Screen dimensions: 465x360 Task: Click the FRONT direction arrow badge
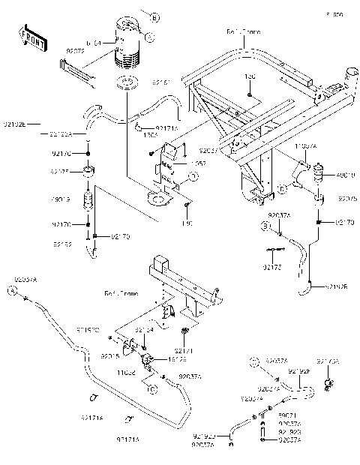33,38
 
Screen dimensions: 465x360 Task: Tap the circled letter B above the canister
154,16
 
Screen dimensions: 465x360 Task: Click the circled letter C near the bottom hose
151,388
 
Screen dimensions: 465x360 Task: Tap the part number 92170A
328,361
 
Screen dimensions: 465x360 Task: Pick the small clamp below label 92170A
328,385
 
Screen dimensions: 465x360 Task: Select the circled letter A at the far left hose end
13,289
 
